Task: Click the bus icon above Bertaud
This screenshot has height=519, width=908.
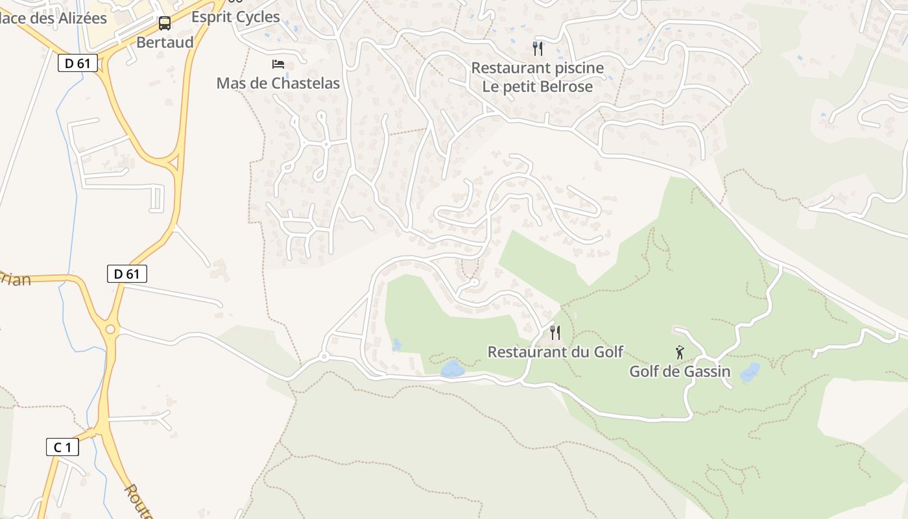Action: pyautogui.click(x=165, y=23)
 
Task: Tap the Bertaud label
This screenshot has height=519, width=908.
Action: pyautogui.click(x=165, y=42)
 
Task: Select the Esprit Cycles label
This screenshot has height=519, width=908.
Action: pyautogui.click(x=236, y=17)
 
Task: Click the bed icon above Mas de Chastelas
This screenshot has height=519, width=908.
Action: pyautogui.click(x=278, y=64)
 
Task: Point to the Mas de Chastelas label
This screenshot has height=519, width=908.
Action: pyautogui.click(x=278, y=83)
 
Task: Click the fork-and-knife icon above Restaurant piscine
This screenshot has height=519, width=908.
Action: pyautogui.click(x=537, y=48)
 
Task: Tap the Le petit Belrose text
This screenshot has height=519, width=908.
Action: pyautogui.click(x=537, y=86)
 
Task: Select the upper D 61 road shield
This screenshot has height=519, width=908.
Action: pyautogui.click(x=78, y=63)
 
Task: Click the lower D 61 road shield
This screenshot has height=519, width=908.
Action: pyautogui.click(x=127, y=274)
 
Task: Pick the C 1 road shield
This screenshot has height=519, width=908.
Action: pyautogui.click(x=62, y=447)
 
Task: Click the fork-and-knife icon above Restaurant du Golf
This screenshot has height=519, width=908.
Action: pyautogui.click(x=555, y=333)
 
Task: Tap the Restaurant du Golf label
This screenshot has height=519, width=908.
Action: pyautogui.click(x=555, y=352)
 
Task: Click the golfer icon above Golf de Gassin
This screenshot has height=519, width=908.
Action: pyautogui.click(x=680, y=352)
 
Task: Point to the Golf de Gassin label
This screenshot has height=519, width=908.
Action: pyautogui.click(x=680, y=372)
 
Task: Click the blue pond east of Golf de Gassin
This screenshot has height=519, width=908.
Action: pyautogui.click(x=750, y=372)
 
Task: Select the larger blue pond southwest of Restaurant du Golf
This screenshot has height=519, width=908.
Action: pyautogui.click(x=452, y=370)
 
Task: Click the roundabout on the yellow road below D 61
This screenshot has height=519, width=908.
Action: pyautogui.click(x=110, y=330)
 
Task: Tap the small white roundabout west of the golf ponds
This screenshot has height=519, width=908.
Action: pyautogui.click(x=324, y=357)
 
